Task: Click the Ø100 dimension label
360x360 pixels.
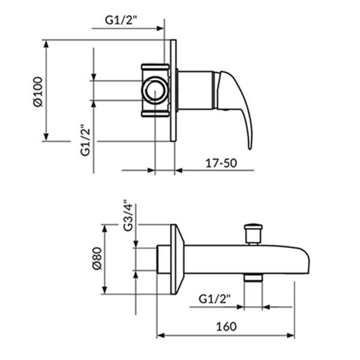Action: click(x=38, y=92)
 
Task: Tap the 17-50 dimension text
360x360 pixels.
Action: click(x=221, y=163)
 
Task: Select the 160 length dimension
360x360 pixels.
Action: click(x=226, y=326)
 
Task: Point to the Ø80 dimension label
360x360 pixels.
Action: click(x=97, y=259)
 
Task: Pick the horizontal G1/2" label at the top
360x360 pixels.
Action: click(x=121, y=20)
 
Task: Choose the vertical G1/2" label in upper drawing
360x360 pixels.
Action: click(x=85, y=140)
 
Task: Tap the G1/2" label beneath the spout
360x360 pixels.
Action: click(x=214, y=299)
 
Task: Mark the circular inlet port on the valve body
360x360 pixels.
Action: click(x=155, y=90)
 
